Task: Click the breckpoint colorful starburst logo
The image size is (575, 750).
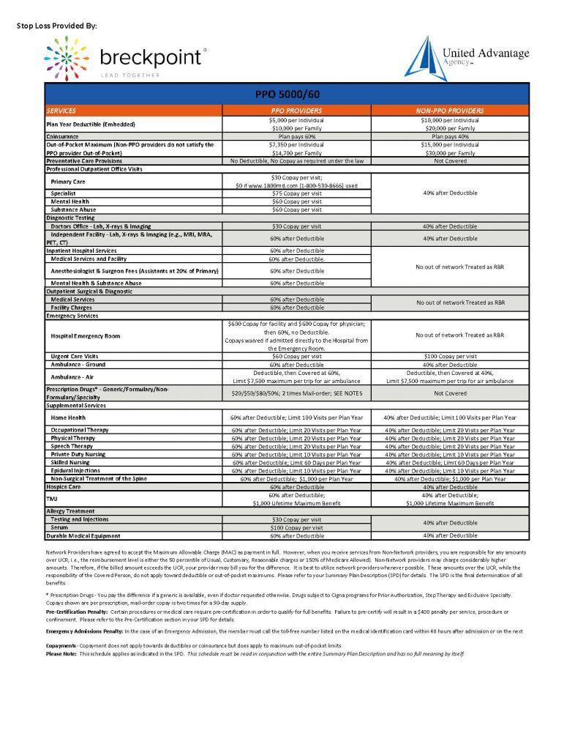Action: tap(67, 58)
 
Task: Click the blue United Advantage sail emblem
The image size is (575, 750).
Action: tap(421, 58)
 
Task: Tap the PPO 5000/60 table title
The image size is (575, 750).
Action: tap(287, 95)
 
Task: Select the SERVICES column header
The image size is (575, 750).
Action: tap(61, 111)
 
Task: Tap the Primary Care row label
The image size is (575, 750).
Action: tap(68, 181)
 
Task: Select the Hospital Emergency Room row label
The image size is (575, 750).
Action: tap(86, 336)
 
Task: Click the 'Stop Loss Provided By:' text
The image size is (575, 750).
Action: tap(56, 26)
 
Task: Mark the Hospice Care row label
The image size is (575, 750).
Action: tap(64, 487)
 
